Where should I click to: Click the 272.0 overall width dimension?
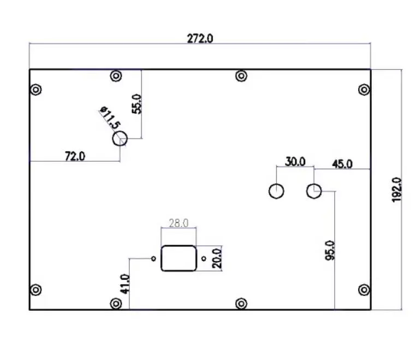coord(200,39)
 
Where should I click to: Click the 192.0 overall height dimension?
coord(397,190)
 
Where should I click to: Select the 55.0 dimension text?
coord(137,104)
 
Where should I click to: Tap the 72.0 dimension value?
coord(75,156)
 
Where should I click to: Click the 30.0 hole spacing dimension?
coord(295,162)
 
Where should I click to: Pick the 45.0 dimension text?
coord(342,164)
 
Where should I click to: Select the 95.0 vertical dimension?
coord(329,250)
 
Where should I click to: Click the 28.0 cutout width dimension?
coord(179,223)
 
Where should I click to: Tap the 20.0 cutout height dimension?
coord(216,258)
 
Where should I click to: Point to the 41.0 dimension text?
coord(125,284)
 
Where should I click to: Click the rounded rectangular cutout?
coord(179,258)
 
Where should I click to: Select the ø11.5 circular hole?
coord(120,139)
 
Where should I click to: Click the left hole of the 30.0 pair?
coord(277,191)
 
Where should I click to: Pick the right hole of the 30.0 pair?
coord(314,191)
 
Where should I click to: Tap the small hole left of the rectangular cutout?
coord(153,258)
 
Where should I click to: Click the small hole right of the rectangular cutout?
coord(204,258)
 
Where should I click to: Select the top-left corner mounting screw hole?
coord(35,90)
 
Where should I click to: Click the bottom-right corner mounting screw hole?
coord(364,290)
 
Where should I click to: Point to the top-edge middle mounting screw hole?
coord(241,76)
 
